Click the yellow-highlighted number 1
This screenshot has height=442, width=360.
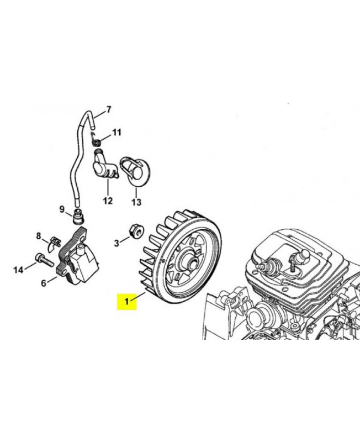(127, 301)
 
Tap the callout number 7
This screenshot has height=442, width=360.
(108, 109)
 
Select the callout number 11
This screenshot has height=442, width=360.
(117, 132)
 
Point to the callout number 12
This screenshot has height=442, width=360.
(108, 201)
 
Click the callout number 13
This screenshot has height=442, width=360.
(136, 202)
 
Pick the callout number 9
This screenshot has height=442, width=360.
(62, 209)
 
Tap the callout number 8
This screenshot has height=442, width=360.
(39, 236)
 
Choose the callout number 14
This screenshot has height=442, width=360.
(18, 270)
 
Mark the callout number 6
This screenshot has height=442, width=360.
(44, 283)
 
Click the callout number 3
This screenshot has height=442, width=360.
(117, 243)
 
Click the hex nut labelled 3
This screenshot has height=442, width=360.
(136, 231)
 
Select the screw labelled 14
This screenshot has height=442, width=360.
(45, 260)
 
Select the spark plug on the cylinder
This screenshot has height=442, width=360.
(268, 263)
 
